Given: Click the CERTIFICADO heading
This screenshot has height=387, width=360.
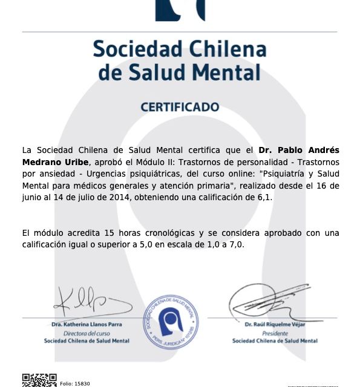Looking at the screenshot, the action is click(x=180, y=107).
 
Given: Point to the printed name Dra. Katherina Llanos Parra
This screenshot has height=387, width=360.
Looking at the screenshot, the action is click(x=87, y=325).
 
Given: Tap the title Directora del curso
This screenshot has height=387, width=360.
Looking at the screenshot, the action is click(x=87, y=333).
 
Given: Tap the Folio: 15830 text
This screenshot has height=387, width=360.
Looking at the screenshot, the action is click(x=75, y=383).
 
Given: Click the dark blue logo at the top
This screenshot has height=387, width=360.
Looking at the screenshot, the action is click(x=180, y=10).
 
